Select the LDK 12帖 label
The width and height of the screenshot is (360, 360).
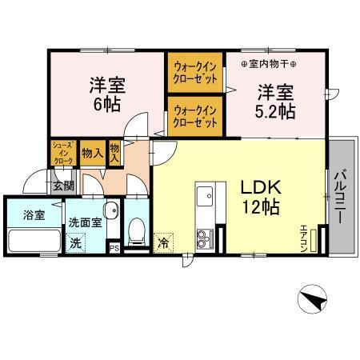260,197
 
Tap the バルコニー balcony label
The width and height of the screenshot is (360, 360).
339,196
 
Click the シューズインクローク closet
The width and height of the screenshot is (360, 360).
63,153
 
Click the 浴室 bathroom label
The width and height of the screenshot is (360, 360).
23,214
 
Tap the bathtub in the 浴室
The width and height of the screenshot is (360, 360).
32,241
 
